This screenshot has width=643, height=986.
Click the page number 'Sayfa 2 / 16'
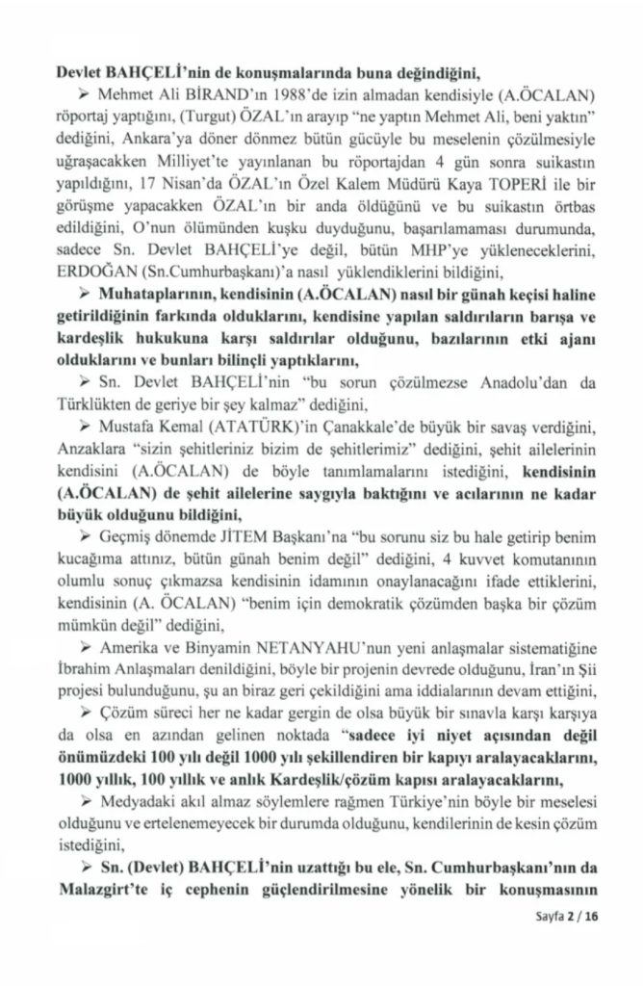pyautogui.click(x=569, y=944)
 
